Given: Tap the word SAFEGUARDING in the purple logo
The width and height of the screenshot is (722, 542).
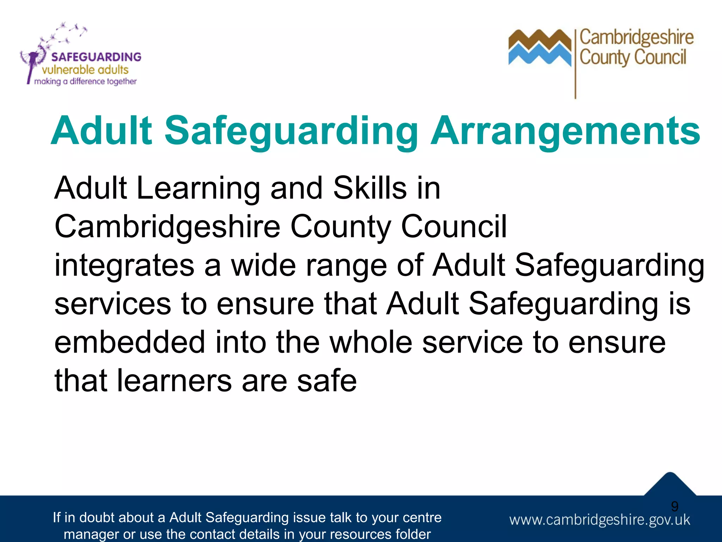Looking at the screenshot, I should (x=96, y=57).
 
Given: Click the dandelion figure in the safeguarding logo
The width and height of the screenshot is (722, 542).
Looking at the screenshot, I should (x=33, y=60).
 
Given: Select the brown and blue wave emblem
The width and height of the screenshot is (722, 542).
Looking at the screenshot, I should (x=539, y=48).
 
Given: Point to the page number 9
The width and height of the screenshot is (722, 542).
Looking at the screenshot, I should (x=674, y=506).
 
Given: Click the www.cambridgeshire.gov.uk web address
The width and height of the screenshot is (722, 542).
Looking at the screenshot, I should (x=599, y=520).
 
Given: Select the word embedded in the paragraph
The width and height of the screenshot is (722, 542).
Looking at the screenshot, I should (x=130, y=342).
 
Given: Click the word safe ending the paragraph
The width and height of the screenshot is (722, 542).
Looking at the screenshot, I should (x=327, y=381).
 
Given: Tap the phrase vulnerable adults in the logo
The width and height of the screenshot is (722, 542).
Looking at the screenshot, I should (x=85, y=70).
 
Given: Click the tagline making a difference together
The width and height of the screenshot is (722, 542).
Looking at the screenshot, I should (x=85, y=82).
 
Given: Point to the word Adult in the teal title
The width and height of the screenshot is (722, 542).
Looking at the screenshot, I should (x=102, y=131).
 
